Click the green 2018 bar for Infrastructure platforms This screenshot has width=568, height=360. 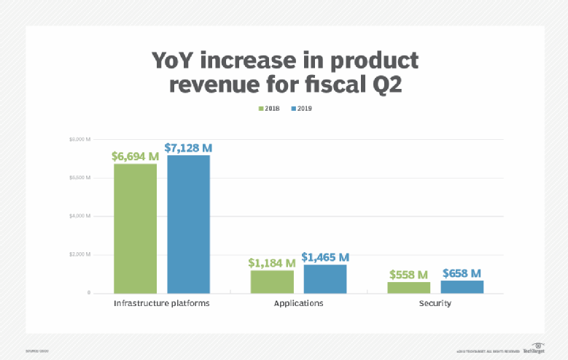[135, 228]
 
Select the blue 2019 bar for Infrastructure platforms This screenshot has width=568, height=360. [189, 224]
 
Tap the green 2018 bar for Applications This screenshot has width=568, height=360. [272, 281]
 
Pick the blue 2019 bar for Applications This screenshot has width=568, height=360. [325, 278]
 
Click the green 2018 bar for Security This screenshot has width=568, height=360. [409, 287]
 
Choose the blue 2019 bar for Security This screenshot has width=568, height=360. [462, 286]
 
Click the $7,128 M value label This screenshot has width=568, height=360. [189, 148]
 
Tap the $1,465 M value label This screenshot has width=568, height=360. [325, 257]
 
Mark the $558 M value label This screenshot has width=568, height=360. [408, 275]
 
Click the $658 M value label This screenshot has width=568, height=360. [462, 273]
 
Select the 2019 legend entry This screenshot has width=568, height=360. [301, 109]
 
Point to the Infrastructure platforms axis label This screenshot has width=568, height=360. [162, 303]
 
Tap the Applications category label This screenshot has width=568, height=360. [299, 303]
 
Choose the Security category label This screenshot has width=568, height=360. [435, 303]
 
